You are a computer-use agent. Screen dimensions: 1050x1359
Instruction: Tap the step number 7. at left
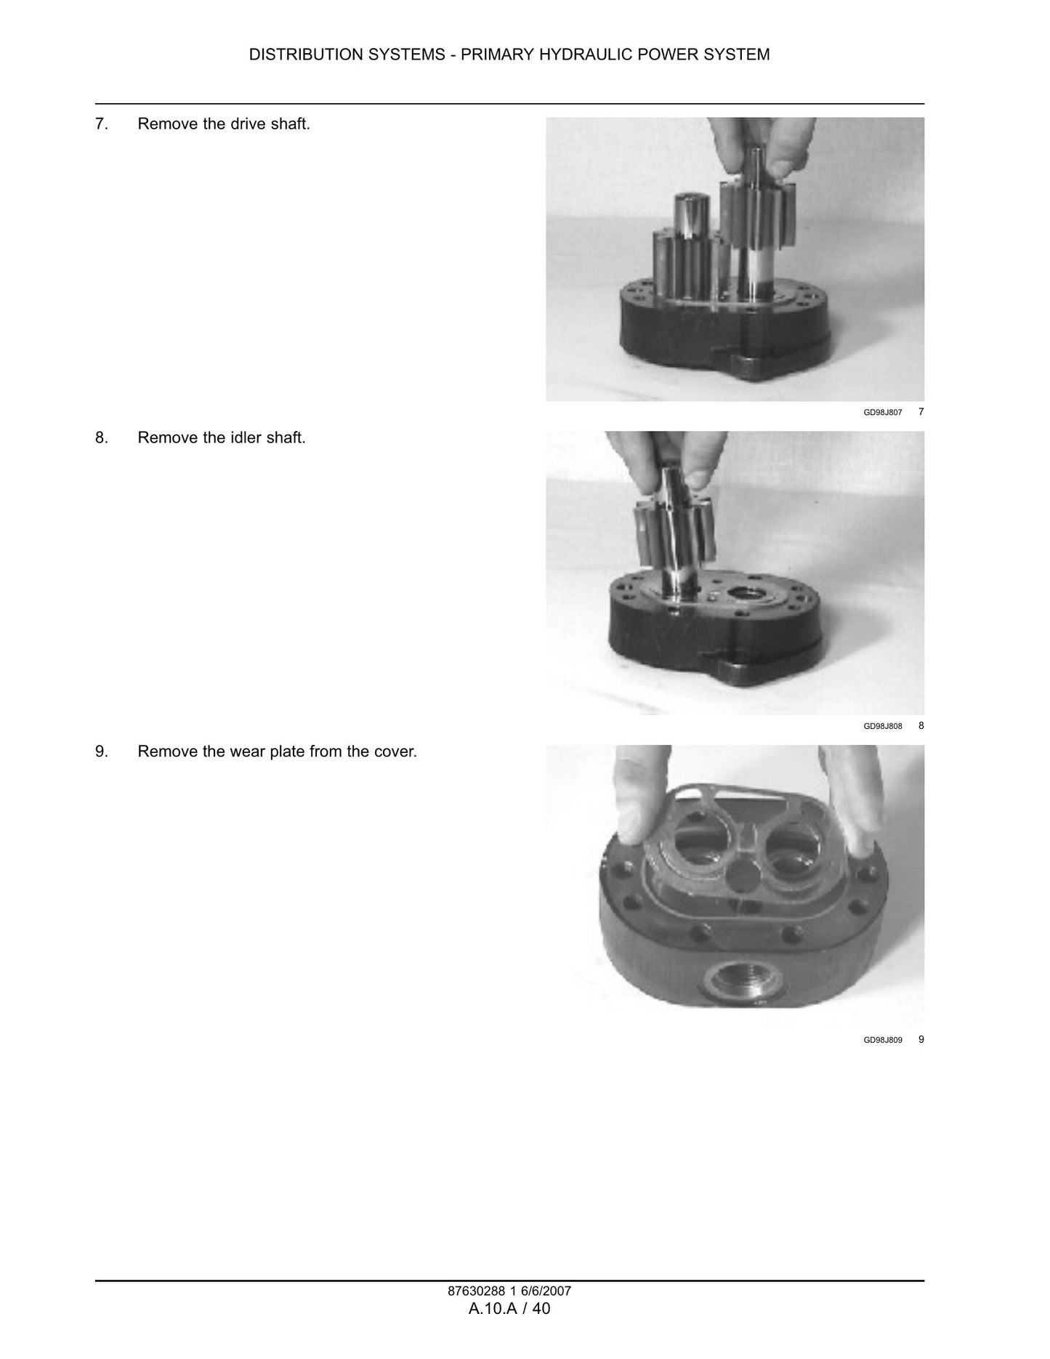[x=102, y=124]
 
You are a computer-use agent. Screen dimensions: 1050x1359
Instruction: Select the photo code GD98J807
[x=883, y=413]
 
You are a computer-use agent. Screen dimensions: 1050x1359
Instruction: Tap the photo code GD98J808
[x=883, y=727]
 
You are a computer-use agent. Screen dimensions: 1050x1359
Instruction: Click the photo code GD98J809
[x=883, y=1041]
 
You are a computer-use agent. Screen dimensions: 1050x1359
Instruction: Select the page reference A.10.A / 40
[x=509, y=1309]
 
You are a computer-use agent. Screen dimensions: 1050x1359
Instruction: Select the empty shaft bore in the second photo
[x=747, y=592]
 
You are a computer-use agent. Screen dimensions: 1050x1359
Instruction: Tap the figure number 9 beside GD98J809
[x=921, y=1040]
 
